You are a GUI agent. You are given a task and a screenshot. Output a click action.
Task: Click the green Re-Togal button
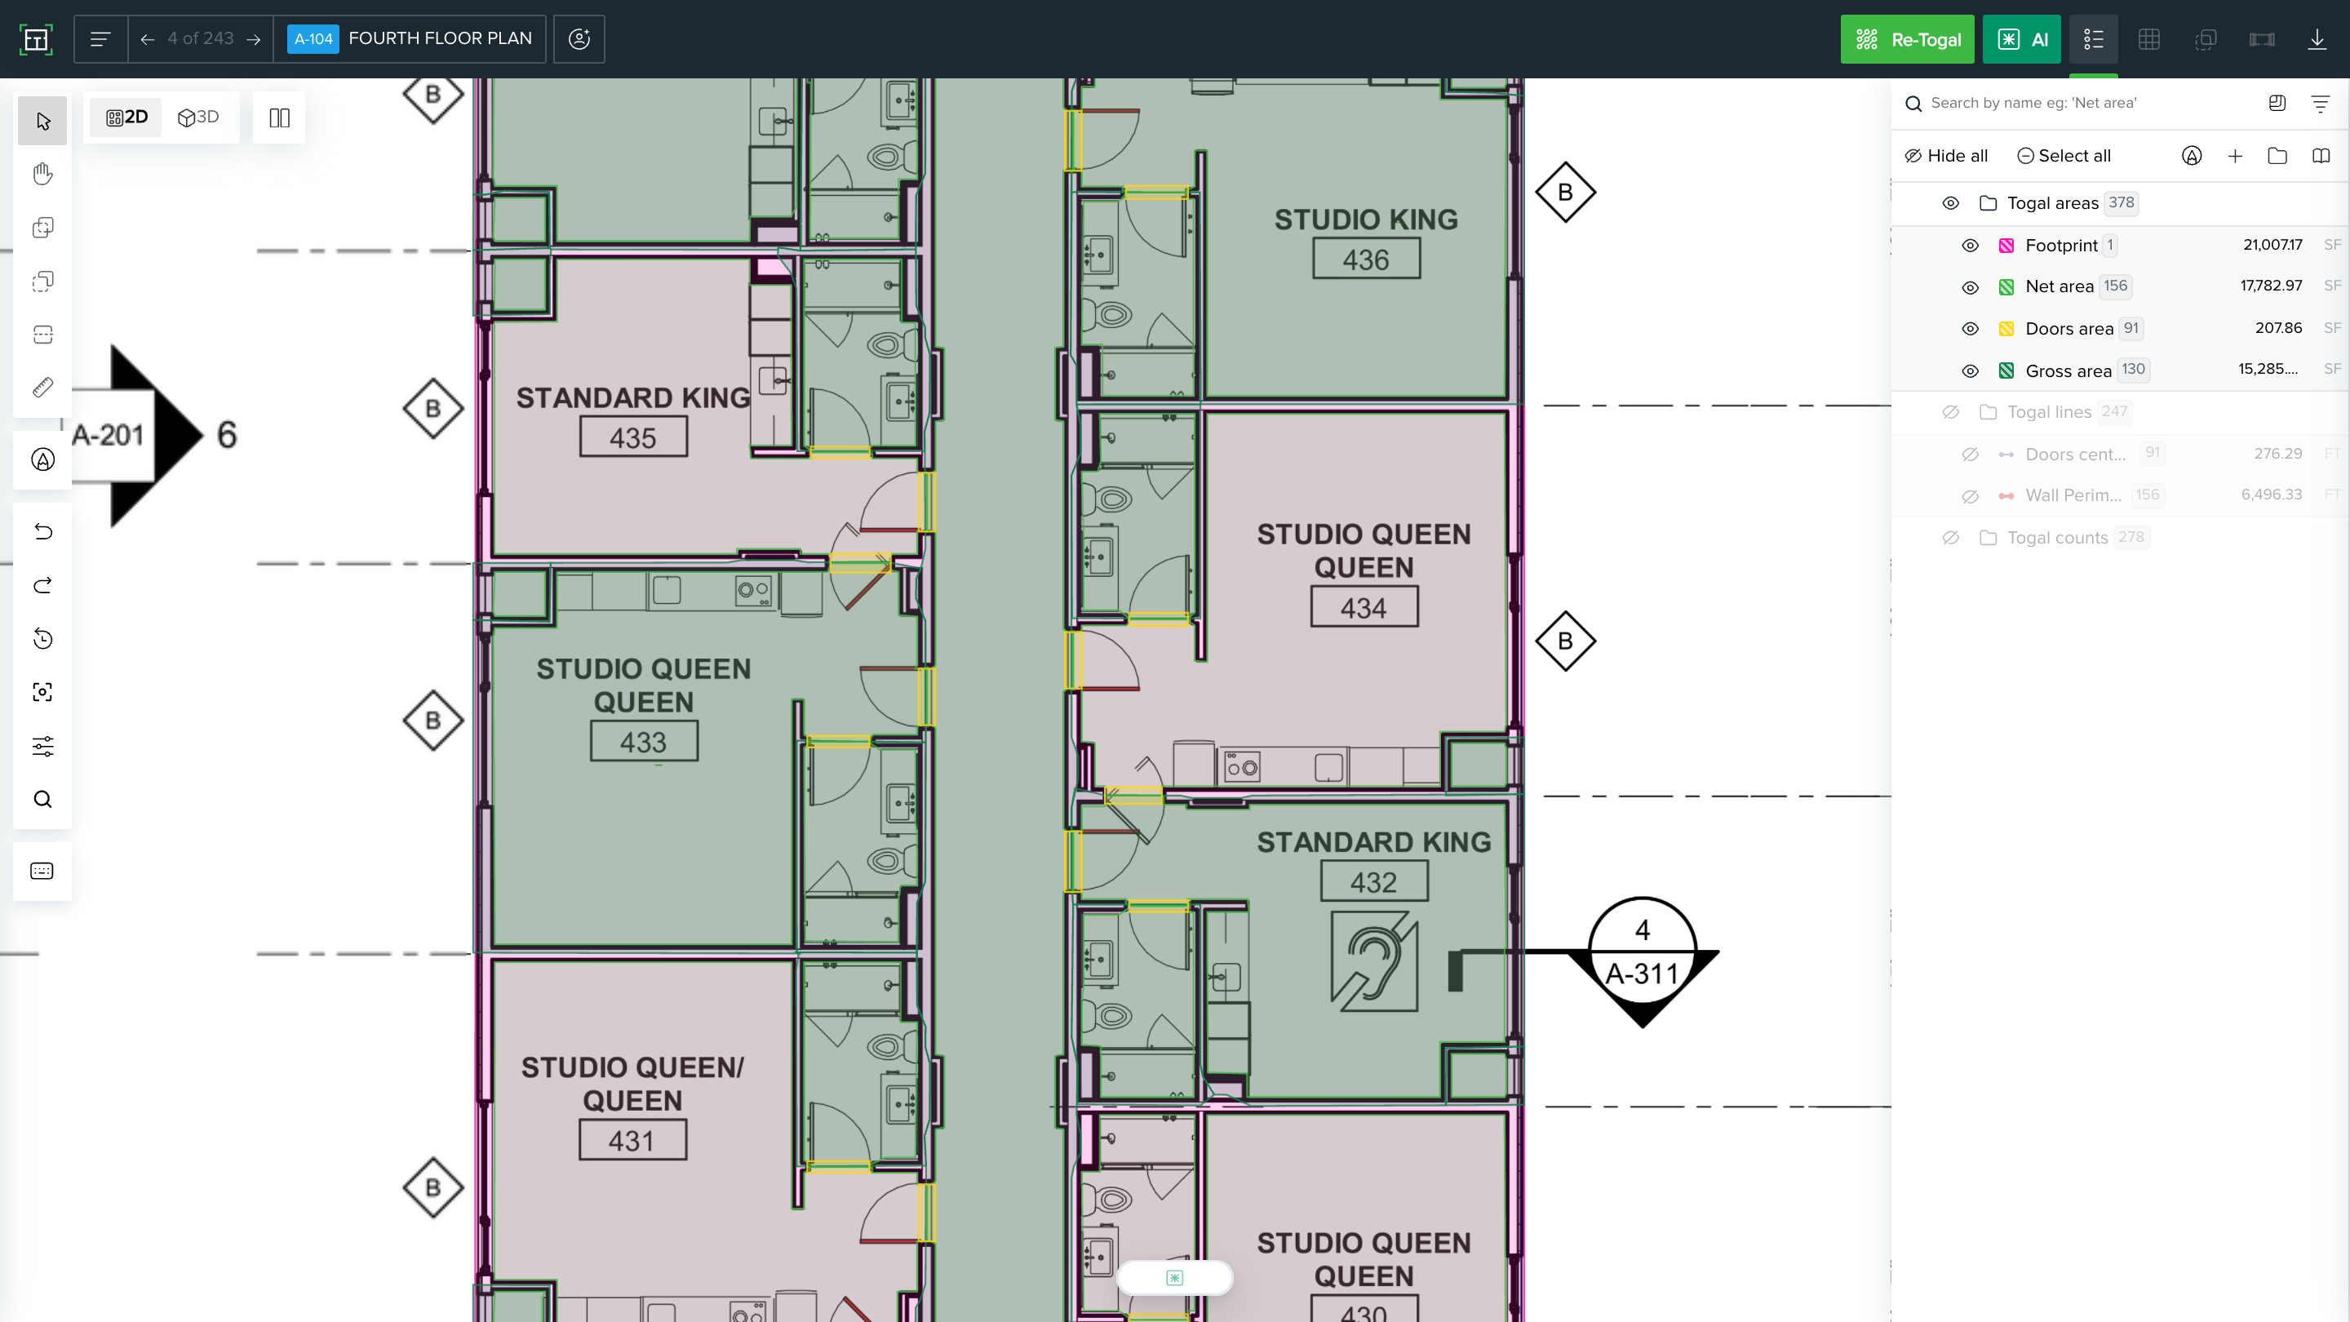1907,39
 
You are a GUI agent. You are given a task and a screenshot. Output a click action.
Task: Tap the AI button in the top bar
2022,39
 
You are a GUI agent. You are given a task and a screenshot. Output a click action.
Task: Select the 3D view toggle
199,118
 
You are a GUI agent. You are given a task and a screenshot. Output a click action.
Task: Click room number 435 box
633,438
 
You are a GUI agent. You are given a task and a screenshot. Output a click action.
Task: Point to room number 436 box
1366,260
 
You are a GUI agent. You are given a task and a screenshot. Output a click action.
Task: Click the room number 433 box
644,742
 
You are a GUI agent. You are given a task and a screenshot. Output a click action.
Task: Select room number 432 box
1374,882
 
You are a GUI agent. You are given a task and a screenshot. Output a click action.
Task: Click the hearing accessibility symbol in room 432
1374,961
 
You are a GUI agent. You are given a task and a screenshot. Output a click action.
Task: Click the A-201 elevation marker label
108,435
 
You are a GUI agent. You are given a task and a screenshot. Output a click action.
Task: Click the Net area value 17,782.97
2271,286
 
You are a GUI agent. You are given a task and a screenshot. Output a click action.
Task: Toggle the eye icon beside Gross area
1970,370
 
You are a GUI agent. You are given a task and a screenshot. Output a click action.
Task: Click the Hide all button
1946,156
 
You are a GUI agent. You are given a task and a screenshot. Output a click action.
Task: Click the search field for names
2080,103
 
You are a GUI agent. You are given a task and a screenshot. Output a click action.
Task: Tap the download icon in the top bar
2317,39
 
